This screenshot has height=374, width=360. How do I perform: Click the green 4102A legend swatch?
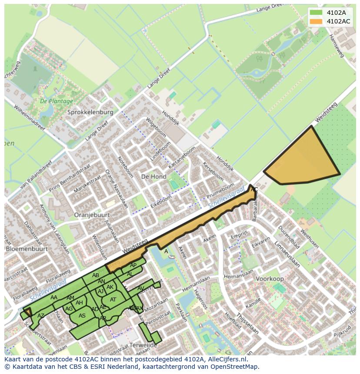[x=316, y=13]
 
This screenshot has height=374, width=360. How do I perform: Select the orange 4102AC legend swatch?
[x=316, y=21]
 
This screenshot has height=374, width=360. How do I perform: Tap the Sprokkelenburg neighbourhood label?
[x=90, y=112]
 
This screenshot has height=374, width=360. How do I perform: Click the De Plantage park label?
[x=57, y=101]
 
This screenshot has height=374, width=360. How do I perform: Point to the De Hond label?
[x=154, y=177]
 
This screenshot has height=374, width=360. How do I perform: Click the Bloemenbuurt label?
[x=27, y=249]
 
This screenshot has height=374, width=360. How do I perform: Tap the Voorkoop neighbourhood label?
[x=270, y=279]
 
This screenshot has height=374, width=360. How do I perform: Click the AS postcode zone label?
[x=82, y=316]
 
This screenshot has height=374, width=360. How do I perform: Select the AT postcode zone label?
[x=113, y=300]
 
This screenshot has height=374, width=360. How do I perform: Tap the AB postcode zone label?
[x=96, y=275]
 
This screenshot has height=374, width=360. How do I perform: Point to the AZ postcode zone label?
[x=41, y=315]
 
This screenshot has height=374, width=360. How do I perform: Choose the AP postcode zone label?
[x=133, y=265]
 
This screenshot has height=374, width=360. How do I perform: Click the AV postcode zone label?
[x=140, y=288]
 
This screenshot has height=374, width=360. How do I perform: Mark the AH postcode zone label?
[x=79, y=303]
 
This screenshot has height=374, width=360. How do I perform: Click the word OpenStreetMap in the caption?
[x=234, y=366]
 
